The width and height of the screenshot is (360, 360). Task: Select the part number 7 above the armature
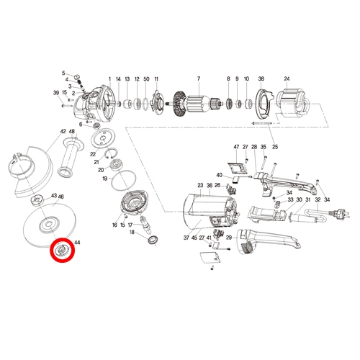tap(199, 78)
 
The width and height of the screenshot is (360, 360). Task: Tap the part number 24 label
tap(287, 78)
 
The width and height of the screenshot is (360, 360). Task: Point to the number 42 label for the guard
tap(63, 131)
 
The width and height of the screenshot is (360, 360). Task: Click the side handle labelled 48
tap(71, 156)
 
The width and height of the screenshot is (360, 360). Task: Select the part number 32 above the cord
tap(318, 199)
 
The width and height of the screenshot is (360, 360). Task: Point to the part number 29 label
tap(229, 238)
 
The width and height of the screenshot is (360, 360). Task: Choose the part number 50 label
tap(146, 79)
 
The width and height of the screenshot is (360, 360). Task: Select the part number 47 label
tap(236, 147)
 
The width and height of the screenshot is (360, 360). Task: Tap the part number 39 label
tap(56, 93)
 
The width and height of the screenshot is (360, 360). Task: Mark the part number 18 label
tap(132, 232)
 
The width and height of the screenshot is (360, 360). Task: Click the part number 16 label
tap(114, 225)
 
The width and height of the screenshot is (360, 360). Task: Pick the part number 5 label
tap(63, 73)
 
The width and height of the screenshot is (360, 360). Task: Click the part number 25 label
tap(275, 147)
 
